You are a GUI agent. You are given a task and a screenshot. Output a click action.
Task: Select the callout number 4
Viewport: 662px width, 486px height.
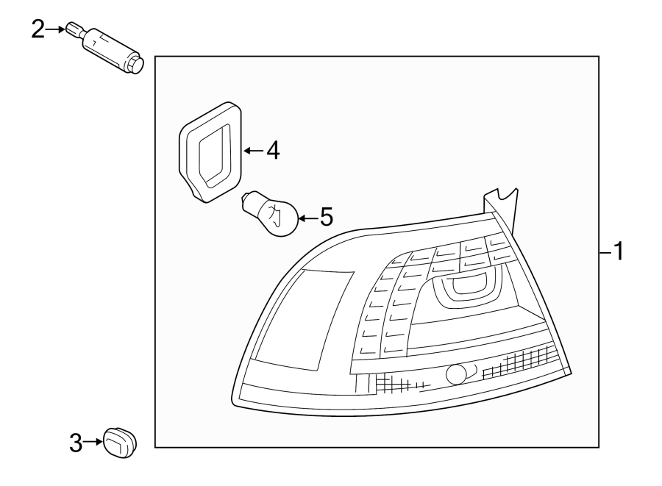point(273,151)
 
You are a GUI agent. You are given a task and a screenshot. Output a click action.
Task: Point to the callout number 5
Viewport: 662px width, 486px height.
point(326,217)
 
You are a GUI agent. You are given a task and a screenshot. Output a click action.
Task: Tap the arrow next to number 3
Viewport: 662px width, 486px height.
point(93,442)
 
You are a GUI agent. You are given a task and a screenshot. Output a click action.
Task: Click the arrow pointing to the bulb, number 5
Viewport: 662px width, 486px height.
point(307,218)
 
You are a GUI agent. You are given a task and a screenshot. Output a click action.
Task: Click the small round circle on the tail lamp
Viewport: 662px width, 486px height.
point(456,374)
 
